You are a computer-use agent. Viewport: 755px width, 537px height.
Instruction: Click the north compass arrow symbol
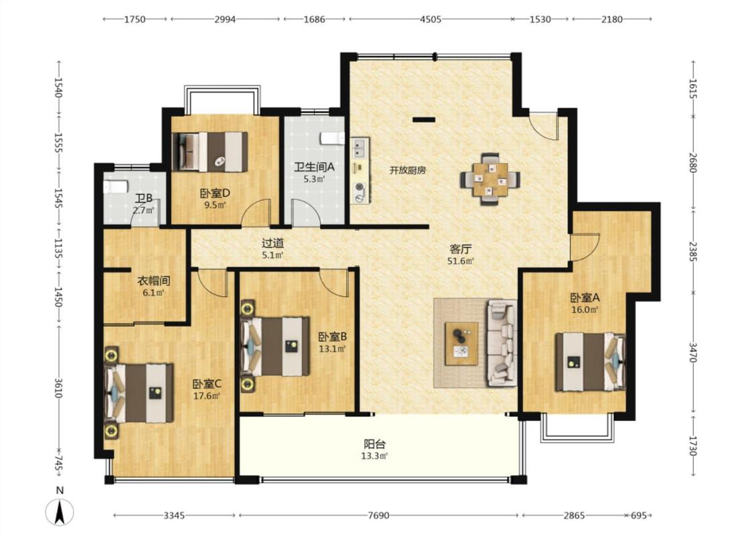coord(60,512)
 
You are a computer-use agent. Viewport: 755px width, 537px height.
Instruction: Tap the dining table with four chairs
coord(490,179)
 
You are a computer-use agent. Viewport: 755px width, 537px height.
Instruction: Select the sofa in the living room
coord(502,342)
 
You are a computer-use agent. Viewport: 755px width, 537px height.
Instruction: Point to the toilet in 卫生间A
coord(332,138)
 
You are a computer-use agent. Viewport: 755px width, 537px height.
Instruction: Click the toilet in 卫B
coord(115,187)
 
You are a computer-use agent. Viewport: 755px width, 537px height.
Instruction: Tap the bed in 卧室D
coord(210,152)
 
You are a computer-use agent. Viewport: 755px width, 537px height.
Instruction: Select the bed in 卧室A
coord(591,362)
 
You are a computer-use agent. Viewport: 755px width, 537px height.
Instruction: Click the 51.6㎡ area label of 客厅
coord(461,261)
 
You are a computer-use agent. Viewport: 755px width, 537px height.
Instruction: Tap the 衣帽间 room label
coord(154,281)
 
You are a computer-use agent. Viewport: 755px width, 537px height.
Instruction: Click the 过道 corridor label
coord(272,244)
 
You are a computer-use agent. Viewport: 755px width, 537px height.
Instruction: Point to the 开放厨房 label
coord(407,170)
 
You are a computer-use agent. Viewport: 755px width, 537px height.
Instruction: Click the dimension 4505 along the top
coord(430,19)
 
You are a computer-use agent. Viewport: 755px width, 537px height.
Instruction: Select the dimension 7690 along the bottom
coord(379,516)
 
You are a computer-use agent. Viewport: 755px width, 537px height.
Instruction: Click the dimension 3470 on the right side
coord(693,352)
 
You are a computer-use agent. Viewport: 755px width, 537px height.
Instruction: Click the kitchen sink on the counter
coord(360,148)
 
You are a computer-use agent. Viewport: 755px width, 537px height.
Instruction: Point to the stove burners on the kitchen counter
coord(359,192)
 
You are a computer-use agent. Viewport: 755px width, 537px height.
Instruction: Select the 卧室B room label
coord(332,337)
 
